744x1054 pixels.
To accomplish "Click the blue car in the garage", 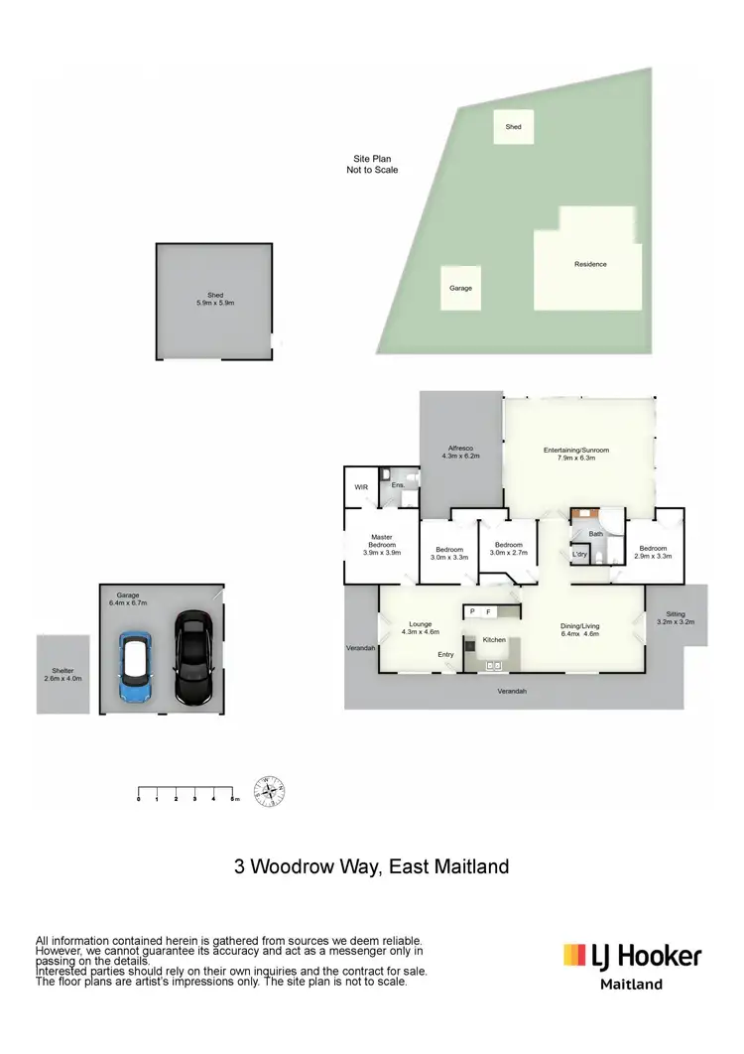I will click(x=134, y=667).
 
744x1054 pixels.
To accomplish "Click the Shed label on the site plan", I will click(x=513, y=127).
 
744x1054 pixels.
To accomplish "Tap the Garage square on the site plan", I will click(x=460, y=288).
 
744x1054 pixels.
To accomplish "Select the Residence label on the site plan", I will click(x=590, y=264).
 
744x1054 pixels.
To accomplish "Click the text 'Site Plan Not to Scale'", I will click(x=372, y=165).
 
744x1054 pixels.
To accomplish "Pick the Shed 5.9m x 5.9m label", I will click(x=213, y=298).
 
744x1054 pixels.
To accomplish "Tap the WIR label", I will click(x=361, y=487).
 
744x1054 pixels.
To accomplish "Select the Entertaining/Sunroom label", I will click(x=576, y=454).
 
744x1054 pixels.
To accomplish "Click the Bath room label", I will click(x=596, y=534).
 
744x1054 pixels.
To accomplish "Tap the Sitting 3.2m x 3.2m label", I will click(x=676, y=617).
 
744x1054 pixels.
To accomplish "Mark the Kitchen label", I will click(x=494, y=640).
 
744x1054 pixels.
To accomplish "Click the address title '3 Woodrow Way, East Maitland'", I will click(x=372, y=866).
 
